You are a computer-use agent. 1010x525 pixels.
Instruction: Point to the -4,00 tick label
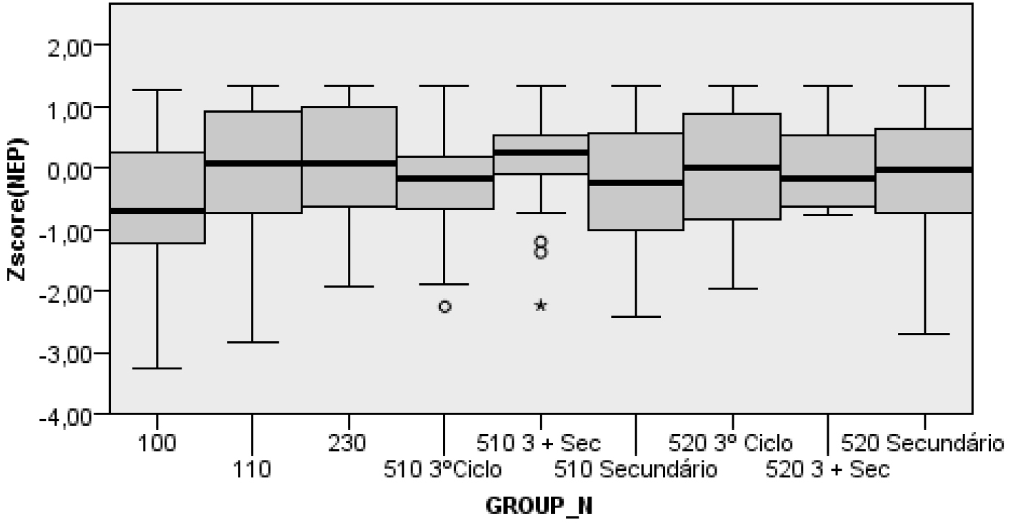(x=66, y=417)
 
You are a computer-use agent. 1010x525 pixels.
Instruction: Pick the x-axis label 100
(x=157, y=444)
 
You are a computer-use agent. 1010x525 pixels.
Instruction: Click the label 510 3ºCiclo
(x=442, y=469)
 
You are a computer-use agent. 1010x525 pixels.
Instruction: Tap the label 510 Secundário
(x=635, y=469)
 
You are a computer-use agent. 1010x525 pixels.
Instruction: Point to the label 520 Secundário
(x=922, y=444)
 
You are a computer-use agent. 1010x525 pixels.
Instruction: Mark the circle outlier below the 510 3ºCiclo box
(x=445, y=306)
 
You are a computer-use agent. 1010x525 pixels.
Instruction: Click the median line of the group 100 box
(x=157, y=211)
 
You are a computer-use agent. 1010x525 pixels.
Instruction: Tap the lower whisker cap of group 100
(x=157, y=368)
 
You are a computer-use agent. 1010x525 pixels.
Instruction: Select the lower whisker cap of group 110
(x=252, y=342)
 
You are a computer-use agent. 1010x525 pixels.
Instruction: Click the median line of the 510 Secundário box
(x=636, y=183)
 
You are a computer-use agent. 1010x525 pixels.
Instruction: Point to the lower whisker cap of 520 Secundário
(x=925, y=333)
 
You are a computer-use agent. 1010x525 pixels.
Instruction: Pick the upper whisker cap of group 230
(x=349, y=85)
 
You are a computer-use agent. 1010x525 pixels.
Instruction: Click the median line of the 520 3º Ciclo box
(x=732, y=168)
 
